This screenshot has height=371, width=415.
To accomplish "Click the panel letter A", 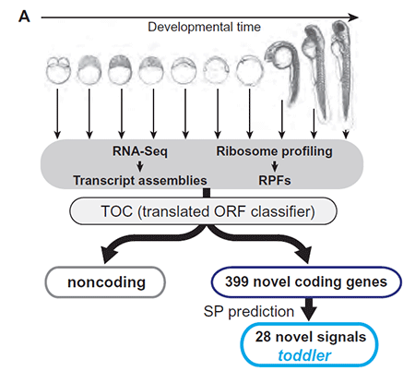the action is (24, 17).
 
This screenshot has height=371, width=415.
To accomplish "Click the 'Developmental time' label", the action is (204, 27).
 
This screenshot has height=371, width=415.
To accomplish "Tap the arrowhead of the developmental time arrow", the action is (353, 18).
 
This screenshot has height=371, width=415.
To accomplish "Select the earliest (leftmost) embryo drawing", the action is (58, 70).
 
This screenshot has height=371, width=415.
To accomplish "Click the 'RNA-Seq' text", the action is (140, 151).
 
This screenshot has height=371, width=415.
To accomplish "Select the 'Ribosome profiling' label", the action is (274, 151).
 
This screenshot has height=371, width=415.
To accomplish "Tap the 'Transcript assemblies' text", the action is (140, 180).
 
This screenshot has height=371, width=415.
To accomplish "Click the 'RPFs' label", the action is (275, 180).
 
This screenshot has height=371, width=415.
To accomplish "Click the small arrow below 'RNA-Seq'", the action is (140, 166).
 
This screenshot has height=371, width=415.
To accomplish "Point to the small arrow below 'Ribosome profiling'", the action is (275, 166).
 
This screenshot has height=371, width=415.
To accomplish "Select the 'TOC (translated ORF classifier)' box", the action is (203, 211).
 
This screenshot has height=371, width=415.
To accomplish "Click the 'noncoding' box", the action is (105, 282).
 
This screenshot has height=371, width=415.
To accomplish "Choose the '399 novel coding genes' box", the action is (306, 281).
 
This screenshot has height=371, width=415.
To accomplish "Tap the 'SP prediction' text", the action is (249, 311).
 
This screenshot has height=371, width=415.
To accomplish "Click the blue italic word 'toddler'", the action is (304, 355).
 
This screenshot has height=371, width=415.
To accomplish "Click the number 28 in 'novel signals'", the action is (263, 337).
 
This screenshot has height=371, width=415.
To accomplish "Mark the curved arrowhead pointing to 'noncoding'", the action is (109, 254).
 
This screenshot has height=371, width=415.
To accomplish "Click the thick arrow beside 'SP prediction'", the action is (309, 309).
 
